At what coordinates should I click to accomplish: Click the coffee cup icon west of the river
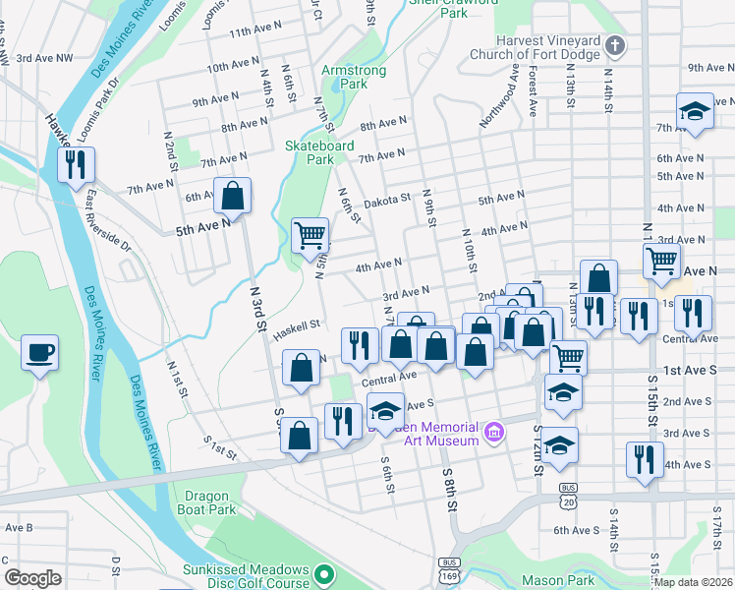point(39,353)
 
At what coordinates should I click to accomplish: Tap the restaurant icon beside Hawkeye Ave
point(76,164)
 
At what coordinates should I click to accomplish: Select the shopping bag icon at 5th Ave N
point(233,196)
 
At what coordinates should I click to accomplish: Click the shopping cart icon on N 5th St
point(311,235)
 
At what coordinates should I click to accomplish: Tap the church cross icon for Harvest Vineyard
point(614,45)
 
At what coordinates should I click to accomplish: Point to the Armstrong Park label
point(344,78)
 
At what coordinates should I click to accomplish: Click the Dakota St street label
point(387,199)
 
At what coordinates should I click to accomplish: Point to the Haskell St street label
point(297,325)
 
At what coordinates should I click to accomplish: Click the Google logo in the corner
point(33,578)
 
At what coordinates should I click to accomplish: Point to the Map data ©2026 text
point(694,582)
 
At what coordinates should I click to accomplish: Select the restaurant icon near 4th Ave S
point(645,460)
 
